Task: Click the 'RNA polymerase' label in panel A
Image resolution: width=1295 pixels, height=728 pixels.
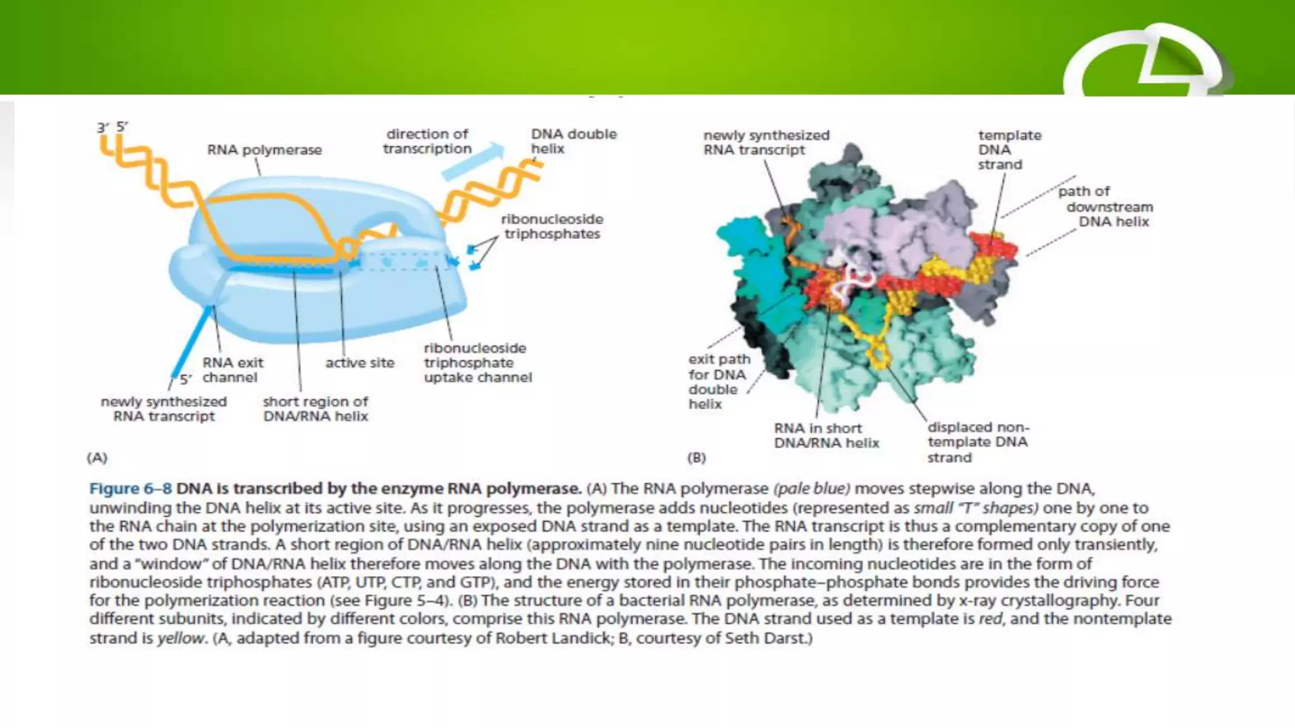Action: click(x=264, y=150)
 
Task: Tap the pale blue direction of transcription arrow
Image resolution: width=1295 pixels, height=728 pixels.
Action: click(x=473, y=163)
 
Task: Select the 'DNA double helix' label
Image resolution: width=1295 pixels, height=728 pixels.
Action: click(x=573, y=142)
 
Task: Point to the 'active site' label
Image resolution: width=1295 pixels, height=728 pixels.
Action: click(x=360, y=363)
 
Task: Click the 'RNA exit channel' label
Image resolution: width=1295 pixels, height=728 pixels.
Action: click(x=232, y=370)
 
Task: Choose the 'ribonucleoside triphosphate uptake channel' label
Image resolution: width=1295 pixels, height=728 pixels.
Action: click(x=477, y=363)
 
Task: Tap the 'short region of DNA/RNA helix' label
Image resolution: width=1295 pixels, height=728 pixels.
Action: click(x=315, y=409)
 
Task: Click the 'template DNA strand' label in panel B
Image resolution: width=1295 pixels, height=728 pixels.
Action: click(x=1009, y=150)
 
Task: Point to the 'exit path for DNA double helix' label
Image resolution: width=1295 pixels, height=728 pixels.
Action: click(x=719, y=382)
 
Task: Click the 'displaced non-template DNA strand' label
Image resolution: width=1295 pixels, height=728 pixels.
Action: click(x=978, y=442)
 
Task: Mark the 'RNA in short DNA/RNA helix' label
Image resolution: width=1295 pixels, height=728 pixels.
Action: click(x=826, y=435)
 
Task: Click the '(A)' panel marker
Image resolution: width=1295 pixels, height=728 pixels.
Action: click(x=97, y=458)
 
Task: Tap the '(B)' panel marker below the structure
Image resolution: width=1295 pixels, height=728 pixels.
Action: click(x=696, y=458)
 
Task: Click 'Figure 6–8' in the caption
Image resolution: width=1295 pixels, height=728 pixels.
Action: click(x=130, y=489)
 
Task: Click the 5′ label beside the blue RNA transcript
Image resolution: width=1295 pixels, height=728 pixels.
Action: click(x=185, y=380)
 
